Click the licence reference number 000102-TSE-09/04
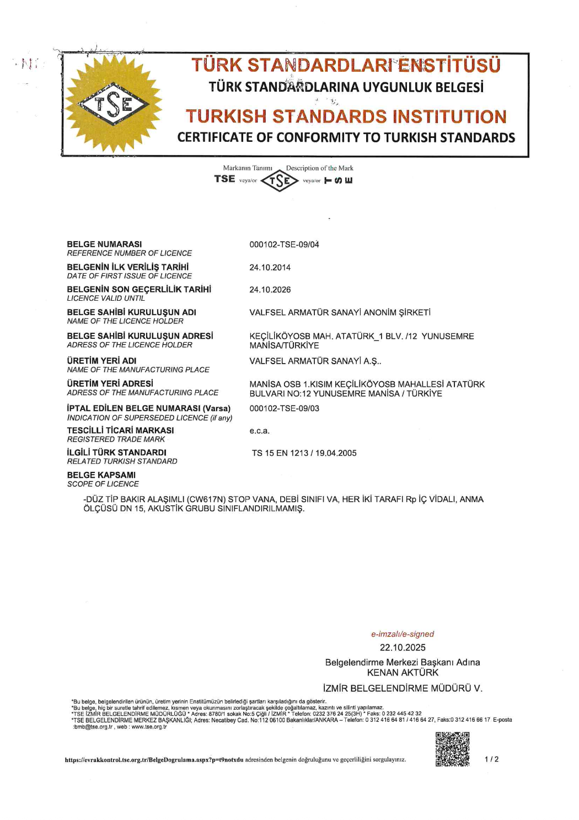coord(284,244)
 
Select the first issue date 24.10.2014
coord(270,268)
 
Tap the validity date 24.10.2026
coord(270,290)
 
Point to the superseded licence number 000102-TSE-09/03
coord(284,408)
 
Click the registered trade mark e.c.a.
coord(259,431)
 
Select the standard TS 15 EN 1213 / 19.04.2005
coord(304,453)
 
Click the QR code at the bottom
coord(452,749)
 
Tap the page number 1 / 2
coord(491,759)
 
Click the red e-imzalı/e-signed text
coord(403,634)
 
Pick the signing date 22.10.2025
coord(403,647)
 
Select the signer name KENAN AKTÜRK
coord(403,673)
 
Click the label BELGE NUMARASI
coord(104,244)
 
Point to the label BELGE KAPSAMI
coord(101,475)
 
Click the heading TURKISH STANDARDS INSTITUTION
coord(346,116)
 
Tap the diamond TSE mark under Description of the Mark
coord(280,180)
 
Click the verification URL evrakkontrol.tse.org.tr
coord(154,760)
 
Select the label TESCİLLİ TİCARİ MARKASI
coord(120,430)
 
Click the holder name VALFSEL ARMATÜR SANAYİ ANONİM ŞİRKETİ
coord(340,312)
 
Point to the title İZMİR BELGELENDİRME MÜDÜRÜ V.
coord(403,688)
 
